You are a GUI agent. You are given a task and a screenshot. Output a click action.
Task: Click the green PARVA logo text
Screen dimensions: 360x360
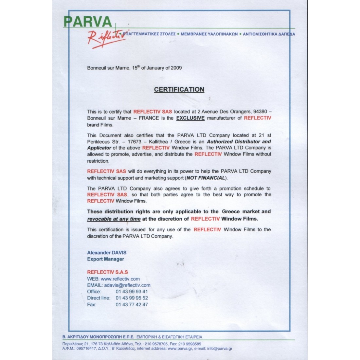tap(88, 22)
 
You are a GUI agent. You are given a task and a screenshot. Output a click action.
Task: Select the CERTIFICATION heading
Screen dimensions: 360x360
tap(179, 89)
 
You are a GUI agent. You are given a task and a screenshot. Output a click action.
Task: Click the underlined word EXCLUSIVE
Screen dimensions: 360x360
tap(190, 118)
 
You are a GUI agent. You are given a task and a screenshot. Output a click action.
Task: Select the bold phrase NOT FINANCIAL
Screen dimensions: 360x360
tap(206, 178)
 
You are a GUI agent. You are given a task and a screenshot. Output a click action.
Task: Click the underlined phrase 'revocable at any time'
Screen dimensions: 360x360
tap(114, 219)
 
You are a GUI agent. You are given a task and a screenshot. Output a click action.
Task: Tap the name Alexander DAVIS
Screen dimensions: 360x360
tap(107, 253)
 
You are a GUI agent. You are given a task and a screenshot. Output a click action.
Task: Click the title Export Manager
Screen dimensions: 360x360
tap(105, 259)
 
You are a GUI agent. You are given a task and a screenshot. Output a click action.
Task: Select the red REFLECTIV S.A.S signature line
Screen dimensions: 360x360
tap(107, 272)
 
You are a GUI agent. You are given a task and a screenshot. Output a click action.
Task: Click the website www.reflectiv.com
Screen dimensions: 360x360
tap(120, 279)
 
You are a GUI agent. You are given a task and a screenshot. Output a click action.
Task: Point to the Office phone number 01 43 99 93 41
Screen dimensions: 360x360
tap(132, 292)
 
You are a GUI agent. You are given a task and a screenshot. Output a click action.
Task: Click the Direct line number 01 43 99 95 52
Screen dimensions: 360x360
tap(132, 298)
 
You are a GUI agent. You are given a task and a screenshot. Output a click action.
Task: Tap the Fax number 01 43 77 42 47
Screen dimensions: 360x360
tap(132, 305)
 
